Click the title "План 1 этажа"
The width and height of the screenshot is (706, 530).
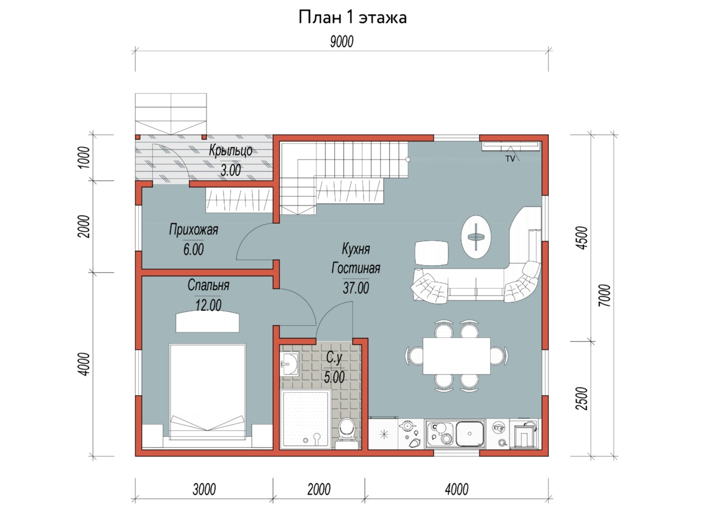click(352, 18)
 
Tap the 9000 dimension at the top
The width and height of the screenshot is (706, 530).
click(342, 42)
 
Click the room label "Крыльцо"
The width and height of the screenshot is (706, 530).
click(231, 151)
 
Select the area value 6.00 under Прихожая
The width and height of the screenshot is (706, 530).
click(194, 250)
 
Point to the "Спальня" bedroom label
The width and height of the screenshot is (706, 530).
click(208, 285)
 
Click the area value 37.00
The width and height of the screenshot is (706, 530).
click(356, 288)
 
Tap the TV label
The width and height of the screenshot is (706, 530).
click(510, 158)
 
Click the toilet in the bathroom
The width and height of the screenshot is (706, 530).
click(347, 433)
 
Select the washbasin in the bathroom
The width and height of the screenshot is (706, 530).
click(289, 364)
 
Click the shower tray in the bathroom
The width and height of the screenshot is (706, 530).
click(305, 419)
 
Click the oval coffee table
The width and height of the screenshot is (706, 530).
click(476, 237)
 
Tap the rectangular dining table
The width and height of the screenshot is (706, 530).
click(457, 356)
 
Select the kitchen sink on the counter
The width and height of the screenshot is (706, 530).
click(469, 434)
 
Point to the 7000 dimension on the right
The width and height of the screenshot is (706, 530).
click(605, 296)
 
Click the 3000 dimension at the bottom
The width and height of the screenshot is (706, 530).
click(204, 489)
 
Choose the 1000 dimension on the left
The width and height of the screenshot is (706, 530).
click(84, 157)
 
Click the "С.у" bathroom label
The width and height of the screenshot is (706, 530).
click(334, 357)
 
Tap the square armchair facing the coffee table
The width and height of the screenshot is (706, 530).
click(432, 253)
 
